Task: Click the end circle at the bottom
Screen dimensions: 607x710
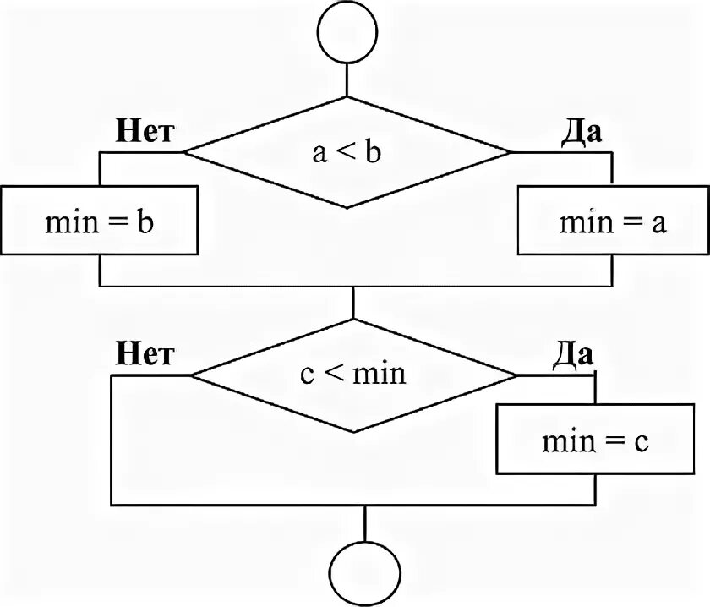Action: pos(364,572)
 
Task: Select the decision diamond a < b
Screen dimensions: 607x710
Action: pos(347,152)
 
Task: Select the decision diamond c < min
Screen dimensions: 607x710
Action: pos(353,374)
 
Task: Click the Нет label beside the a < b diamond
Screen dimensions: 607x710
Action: pos(145,133)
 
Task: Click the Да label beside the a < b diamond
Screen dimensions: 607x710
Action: pos(582,133)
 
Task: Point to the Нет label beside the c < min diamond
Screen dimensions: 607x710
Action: pos(145,353)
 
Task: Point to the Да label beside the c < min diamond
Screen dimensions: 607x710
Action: pos(573,353)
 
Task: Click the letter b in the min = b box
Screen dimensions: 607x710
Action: pos(145,222)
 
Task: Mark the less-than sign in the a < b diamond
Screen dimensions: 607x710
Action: pos(347,153)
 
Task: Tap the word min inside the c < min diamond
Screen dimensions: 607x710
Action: pos(379,373)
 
